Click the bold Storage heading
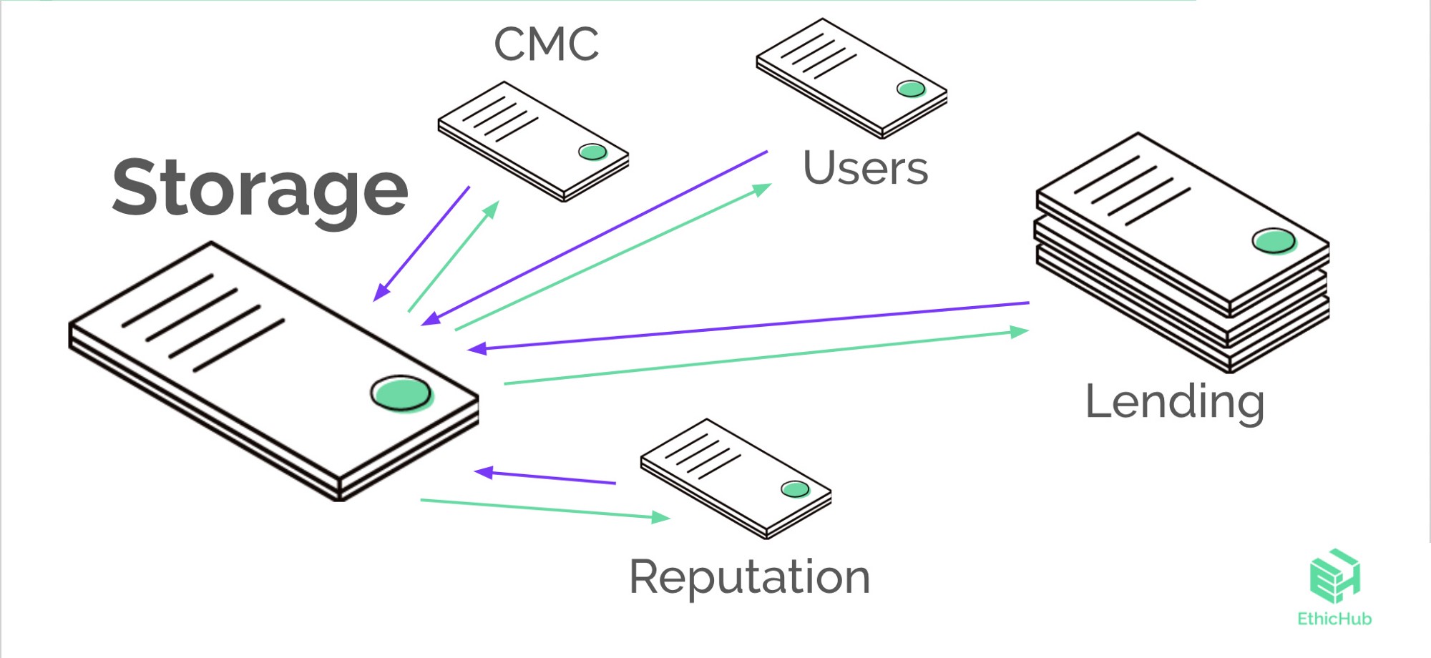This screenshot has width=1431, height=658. point(260,188)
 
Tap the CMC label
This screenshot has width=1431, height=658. point(546,44)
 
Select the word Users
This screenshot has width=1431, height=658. point(865,169)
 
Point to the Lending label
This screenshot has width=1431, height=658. point(1175,402)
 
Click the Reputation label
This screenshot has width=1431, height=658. point(749,577)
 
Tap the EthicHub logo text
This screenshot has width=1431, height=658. point(1334,619)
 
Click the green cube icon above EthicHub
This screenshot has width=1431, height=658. point(1334,575)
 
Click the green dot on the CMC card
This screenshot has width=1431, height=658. point(592,152)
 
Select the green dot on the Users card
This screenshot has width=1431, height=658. point(911,89)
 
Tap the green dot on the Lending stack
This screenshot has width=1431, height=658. point(1274,240)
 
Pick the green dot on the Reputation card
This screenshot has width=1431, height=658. point(794,489)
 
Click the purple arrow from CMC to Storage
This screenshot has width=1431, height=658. point(422,243)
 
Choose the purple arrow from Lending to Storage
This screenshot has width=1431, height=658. point(748,326)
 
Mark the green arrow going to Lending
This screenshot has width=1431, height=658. point(766,358)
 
